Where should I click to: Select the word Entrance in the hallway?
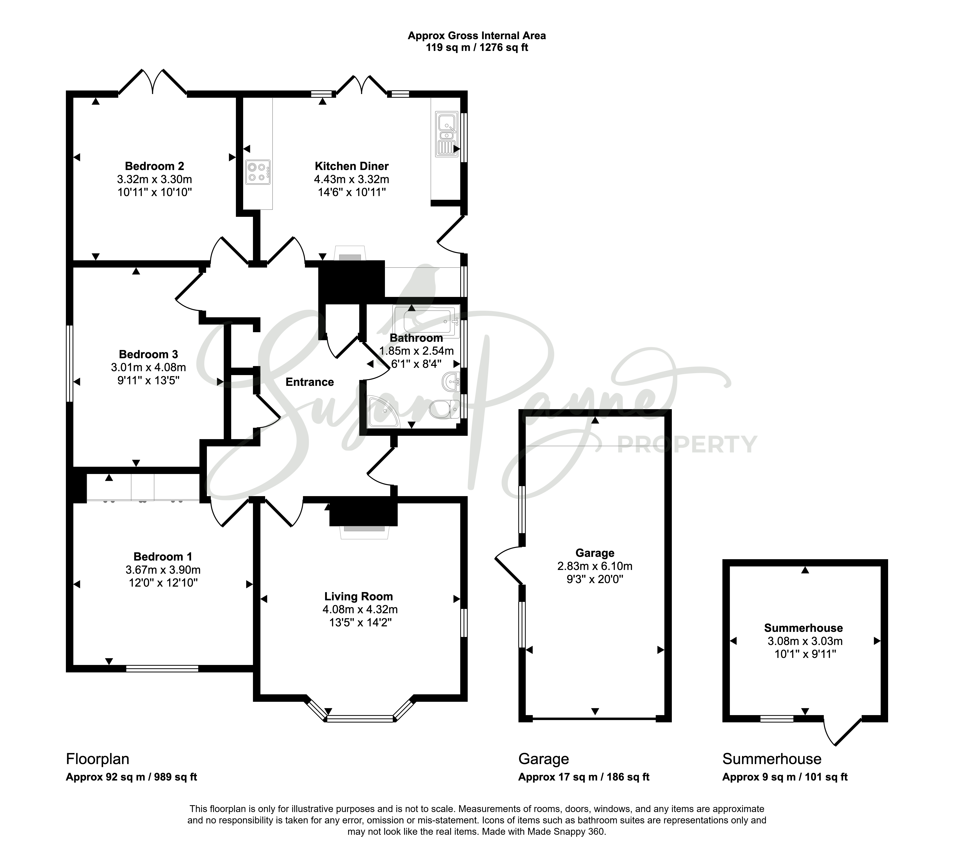click(x=310, y=382)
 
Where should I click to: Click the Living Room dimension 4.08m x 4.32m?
click(x=360, y=610)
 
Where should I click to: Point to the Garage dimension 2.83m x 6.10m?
click(x=595, y=566)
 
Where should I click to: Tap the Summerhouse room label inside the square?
click(x=804, y=628)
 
